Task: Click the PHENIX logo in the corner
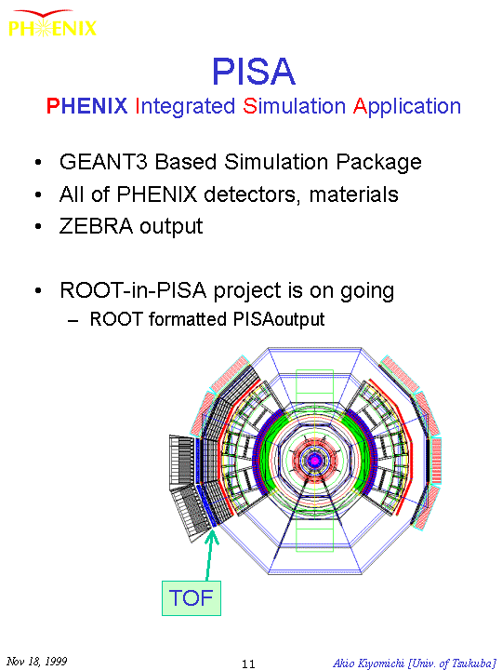click(x=52, y=24)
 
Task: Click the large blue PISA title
click(x=254, y=72)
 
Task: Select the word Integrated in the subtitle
click(x=185, y=106)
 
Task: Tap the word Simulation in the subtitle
click(x=294, y=106)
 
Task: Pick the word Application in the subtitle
click(x=407, y=107)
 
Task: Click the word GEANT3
click(x=103, y=162)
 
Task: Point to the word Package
click(x=378, y=163)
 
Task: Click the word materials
click(x=353, y=194)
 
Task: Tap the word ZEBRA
click(x=96, y=226)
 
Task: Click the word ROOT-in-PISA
click(x=133, y=290)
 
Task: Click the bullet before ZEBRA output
click(x=38, y=226)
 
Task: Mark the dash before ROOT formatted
click(x=73, y=320)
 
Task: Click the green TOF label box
click(x=192, y=597)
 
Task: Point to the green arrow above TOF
click(x=209, y=555)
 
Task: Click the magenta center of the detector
click(x=315, y=461)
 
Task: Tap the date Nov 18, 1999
click(x=36, y=662)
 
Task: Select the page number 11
click(x=248, y=663)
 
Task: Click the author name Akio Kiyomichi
click(x=369, y=663)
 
